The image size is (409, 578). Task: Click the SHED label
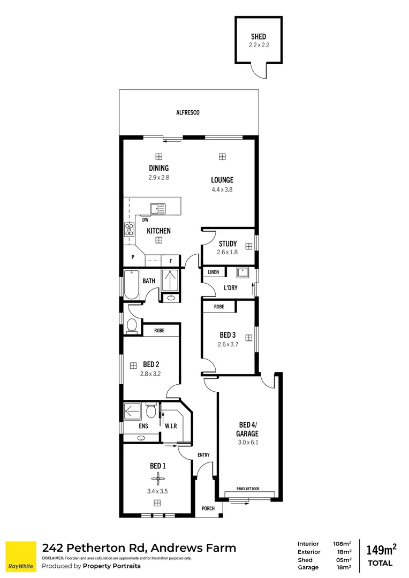[x=258, y=36]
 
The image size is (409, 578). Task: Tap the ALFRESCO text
[x=188, y=112]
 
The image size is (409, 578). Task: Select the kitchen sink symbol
[x=158, y=209]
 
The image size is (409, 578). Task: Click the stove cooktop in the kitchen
[x=129, y=229]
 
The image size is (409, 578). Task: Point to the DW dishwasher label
[x=145, y=220]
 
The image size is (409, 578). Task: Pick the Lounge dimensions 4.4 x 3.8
[x=222, y=189]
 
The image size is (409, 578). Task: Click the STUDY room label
[x=228, y=244]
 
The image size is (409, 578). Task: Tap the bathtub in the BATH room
[x=131, y=285]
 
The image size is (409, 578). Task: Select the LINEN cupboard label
[x=214, y=272]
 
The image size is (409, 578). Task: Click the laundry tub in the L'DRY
[x=243, y=273]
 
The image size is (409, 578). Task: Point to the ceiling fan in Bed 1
[x=157, y=479]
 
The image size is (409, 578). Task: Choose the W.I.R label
[x=171, y=426]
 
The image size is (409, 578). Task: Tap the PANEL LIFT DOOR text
[x=248, y=489]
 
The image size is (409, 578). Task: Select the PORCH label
[x=208, y=508]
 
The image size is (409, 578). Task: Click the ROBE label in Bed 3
[x=219, y=307]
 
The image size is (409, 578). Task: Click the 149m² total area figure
[x=381, y=550]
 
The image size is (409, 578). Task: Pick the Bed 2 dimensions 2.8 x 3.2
[x=150, y=374]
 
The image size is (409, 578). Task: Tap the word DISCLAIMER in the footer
[x=52, y=558]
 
